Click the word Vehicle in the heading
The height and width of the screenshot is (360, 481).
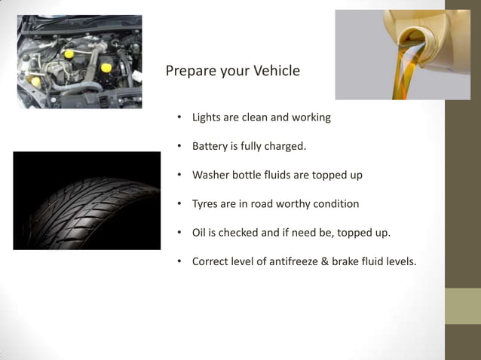[x=273, y=72]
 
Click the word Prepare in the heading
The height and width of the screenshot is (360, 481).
[x=190, y=72]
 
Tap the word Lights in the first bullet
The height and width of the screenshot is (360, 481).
[x=207, y=117]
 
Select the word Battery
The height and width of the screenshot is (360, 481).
[x=212, y=146]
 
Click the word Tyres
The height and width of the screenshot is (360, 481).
[x=207, y=204]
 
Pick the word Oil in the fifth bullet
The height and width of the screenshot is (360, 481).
[x=199, y=233]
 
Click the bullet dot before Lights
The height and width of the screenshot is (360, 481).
[x=180, y=118]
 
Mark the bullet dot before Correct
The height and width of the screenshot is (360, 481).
[x=180, y=262]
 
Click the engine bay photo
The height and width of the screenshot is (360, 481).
[x=79, y=62]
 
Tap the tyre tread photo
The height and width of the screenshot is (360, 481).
[x=87, y=200]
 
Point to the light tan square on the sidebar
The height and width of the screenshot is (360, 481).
[x=462, y=306]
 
